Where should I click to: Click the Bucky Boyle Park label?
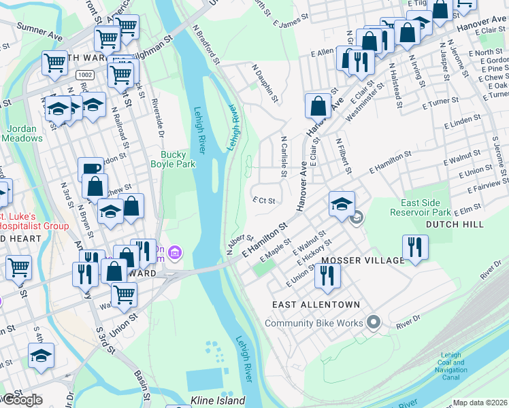click(173, 159)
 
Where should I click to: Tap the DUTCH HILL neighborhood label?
click(455, 224)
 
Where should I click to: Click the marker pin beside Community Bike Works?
click(372, 322)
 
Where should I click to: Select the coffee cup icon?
click(91, 169)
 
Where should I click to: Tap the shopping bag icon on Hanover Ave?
click(318, 106)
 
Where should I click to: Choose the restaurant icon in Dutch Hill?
click(414, 247)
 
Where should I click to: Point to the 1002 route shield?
click(85, 73)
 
